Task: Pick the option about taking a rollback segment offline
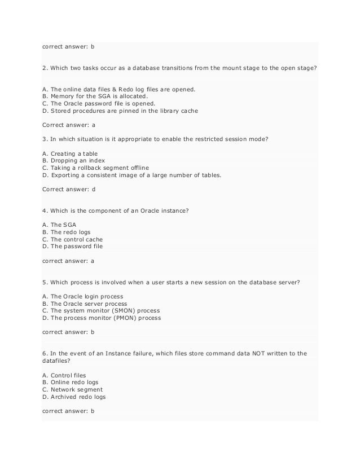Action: point(98,169)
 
